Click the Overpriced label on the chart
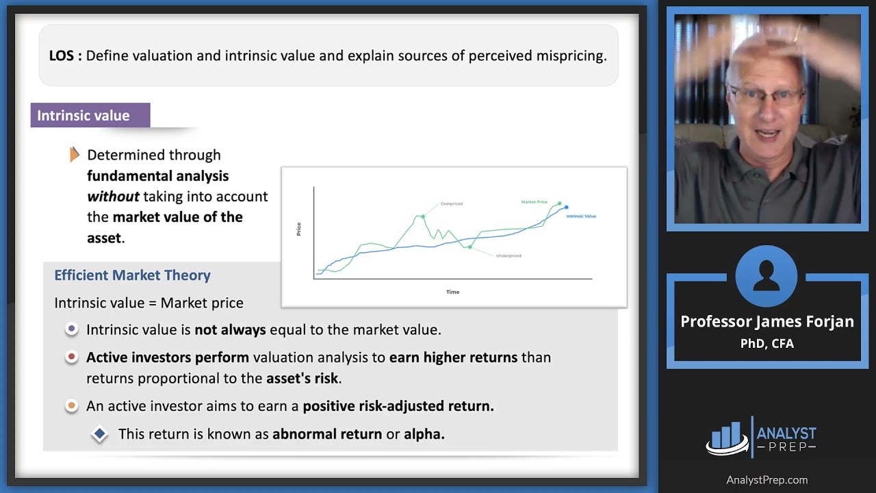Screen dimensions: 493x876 click(452, 203)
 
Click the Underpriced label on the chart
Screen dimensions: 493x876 click(508, 255)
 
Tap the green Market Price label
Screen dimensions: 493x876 click(534, 202)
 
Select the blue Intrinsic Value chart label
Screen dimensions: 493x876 click(581, 216)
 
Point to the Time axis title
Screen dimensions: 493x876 click(452, 292)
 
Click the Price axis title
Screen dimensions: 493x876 click(298, 229)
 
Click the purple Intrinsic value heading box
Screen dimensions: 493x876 click(90, 116)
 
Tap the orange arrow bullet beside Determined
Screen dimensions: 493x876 click(75, 155)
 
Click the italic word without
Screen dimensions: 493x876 click(113, 197)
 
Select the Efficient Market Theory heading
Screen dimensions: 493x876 click(132, 275)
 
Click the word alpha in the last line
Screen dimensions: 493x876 click(424, 433)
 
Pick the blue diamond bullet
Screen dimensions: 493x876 click(100, 433)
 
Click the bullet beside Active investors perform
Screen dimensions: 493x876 click(71, 357)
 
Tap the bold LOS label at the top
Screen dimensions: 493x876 click(65, 56)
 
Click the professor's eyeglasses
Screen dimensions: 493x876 click(766, 96)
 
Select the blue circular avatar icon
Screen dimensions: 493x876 click(766, 275)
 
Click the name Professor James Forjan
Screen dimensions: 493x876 click(766, 322)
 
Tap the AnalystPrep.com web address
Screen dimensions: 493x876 click(766, 480)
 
